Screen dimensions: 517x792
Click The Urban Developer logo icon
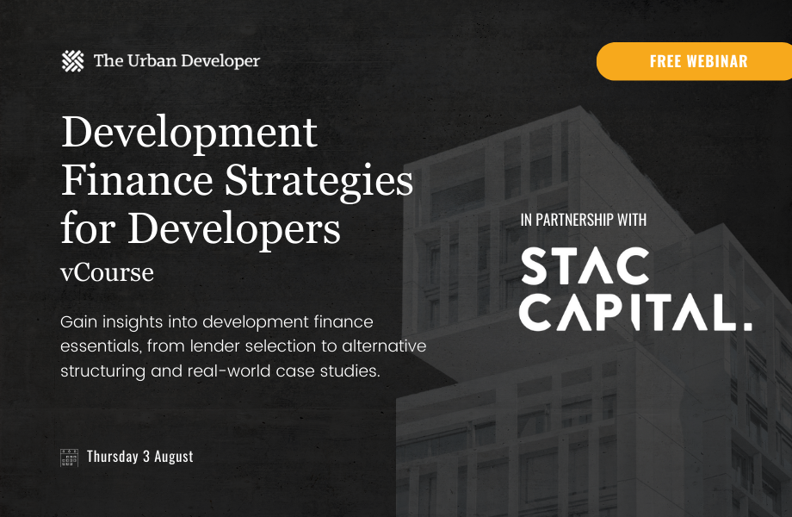[x=74, y=61]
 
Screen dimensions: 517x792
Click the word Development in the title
[x=189, y=134]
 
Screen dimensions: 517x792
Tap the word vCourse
[x=107, y=273]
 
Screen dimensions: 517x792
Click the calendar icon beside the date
[x=70, y=457]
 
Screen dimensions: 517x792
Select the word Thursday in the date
[x=113, y=457]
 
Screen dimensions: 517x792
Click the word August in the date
[x=174, y=457]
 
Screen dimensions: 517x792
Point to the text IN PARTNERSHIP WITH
[x=584, y=221]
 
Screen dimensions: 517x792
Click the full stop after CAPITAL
[x=746, y=326]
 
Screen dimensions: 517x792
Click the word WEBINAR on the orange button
[x=716, y=61]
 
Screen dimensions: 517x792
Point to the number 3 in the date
[x=145, y=457]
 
